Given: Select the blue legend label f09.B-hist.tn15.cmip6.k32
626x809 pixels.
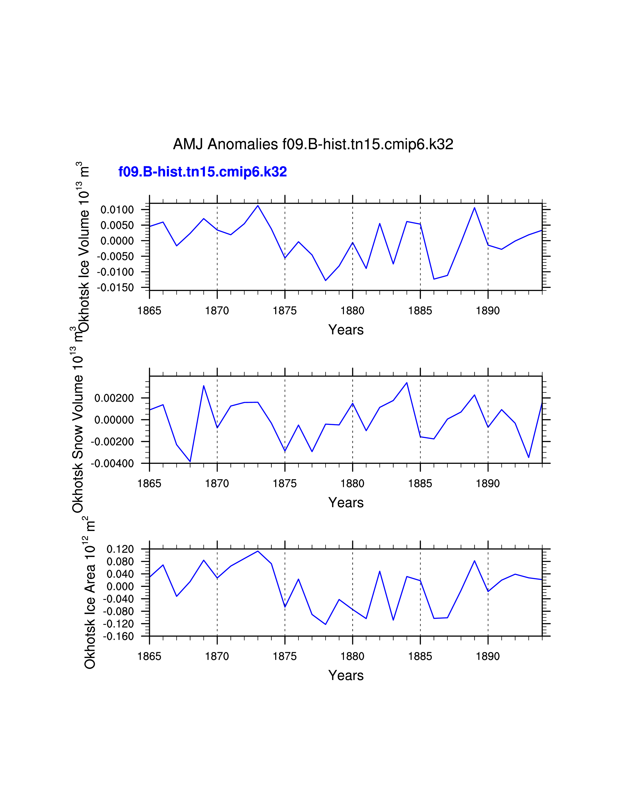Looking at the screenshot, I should click(203, 172).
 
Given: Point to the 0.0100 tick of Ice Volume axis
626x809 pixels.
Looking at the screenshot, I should click(117, 210).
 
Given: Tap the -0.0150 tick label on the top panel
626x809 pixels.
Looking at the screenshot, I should click(116, 288).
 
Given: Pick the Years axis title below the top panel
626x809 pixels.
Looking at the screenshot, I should click(346, 330).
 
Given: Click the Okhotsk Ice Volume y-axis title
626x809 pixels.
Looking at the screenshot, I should click(83, 247).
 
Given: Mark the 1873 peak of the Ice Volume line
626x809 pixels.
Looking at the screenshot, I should click(258, 206).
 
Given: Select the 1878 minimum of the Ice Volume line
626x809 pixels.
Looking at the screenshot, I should click(326, 280).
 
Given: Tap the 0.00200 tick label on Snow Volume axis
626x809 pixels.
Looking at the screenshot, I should click(114, 398).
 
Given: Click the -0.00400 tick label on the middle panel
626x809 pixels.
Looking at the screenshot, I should click(113, 463).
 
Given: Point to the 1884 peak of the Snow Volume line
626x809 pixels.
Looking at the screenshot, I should click(407, 383).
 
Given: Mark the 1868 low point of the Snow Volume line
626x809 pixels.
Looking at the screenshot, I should click(190, 462).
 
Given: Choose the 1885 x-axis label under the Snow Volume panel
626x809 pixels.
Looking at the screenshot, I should click(420, 483).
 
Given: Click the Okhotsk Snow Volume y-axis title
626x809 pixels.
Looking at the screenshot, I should click(78, 430).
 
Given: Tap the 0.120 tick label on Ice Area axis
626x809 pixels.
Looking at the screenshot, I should click(120, 549).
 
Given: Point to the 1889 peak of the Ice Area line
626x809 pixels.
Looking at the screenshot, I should click(474, 561).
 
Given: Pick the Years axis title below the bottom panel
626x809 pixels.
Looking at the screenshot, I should click(346, 675).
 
